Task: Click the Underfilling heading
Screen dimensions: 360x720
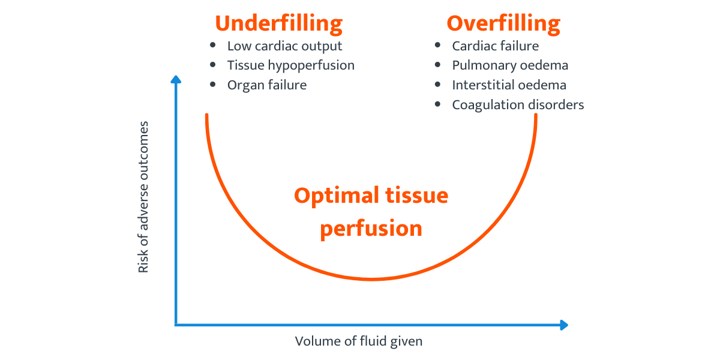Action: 279,23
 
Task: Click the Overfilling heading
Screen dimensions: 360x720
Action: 503,23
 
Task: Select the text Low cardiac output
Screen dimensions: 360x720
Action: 284,46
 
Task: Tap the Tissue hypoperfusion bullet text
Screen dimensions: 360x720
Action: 290,65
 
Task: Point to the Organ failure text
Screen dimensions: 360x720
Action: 266,85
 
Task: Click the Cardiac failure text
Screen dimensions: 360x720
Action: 495,46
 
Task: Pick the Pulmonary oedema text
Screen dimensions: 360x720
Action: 510,65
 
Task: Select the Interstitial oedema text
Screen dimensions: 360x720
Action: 509,85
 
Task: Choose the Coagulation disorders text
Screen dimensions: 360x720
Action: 518,104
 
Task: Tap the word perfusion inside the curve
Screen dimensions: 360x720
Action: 371,229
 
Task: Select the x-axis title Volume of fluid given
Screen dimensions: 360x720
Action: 359,341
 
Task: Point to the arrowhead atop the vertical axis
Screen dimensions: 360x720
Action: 176,79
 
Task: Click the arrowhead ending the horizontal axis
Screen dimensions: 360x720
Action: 563,325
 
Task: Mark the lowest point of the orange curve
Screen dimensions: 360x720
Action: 371,279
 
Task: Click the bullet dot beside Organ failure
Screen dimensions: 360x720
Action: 213,85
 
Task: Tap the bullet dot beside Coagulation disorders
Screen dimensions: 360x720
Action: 438,104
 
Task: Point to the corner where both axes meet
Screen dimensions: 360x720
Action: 176,325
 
